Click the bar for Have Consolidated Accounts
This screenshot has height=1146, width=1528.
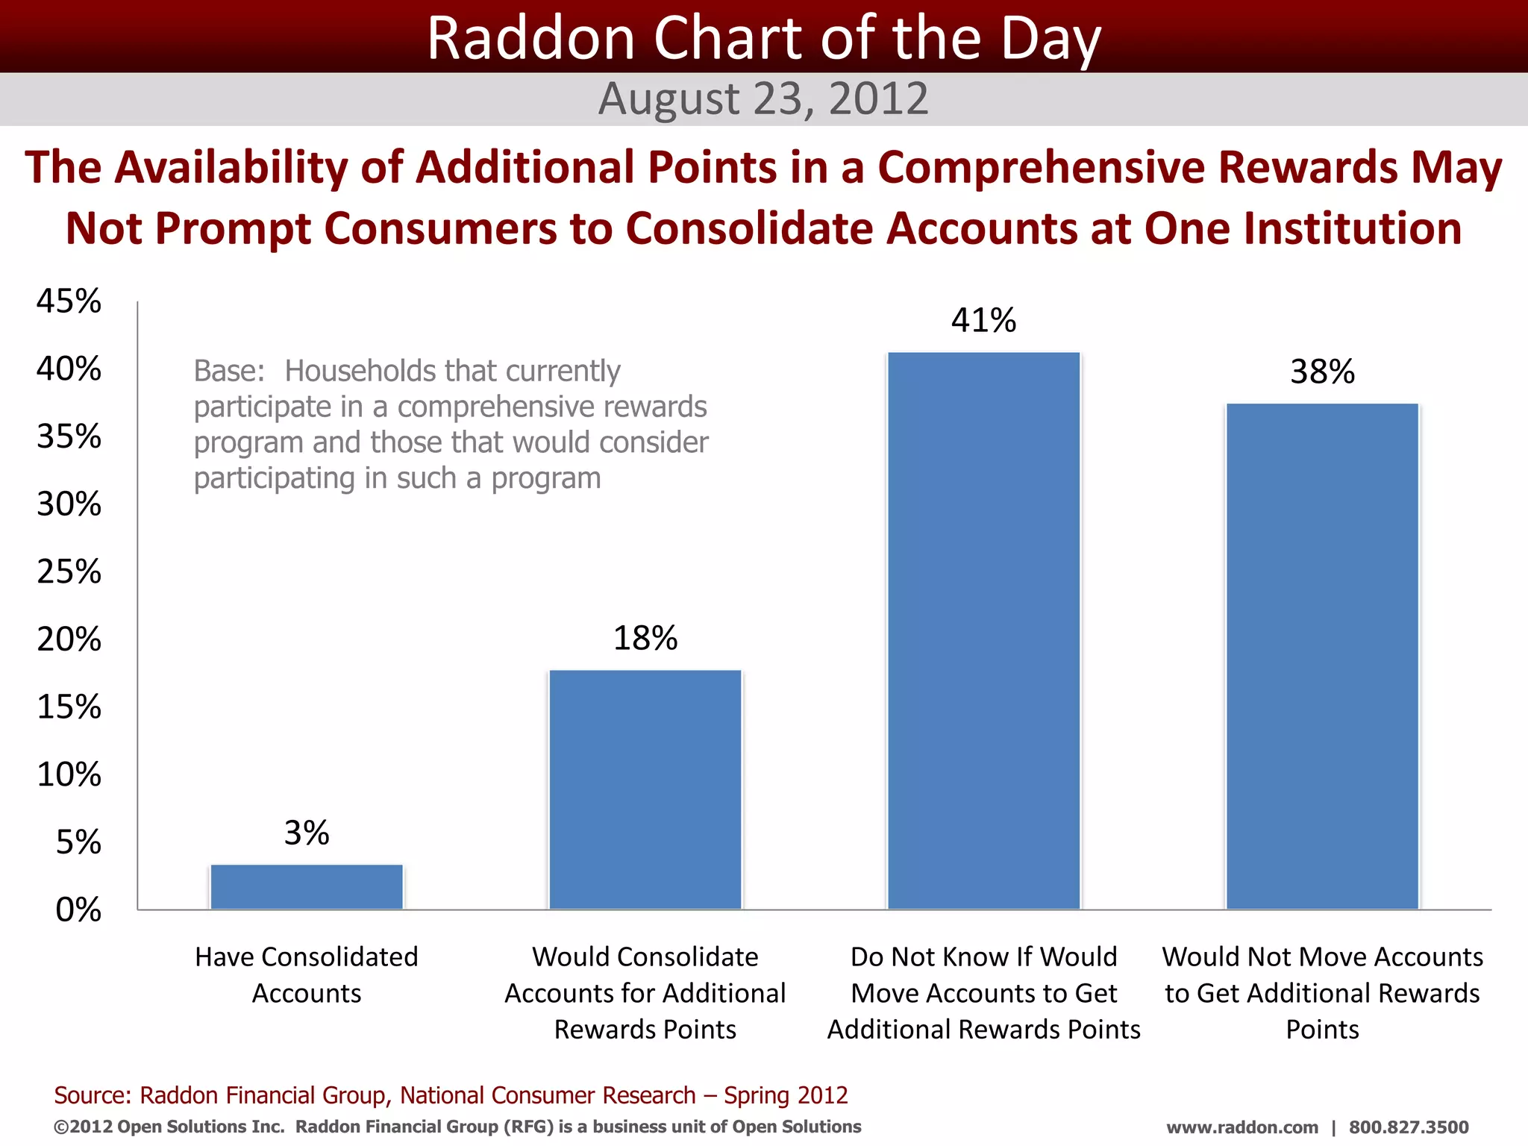coord(307,886)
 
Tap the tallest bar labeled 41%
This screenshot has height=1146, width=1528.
coord(983,630)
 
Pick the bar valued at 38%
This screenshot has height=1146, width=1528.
coord(1322,656)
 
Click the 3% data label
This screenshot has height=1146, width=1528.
coord(307,833)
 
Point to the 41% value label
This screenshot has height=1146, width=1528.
coord(983,320)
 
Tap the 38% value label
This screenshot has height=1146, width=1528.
coord(1322,372)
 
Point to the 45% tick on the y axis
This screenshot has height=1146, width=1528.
coord(69,301)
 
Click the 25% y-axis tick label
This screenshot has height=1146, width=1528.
coord(69,572)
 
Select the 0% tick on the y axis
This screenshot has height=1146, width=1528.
coord(78,909)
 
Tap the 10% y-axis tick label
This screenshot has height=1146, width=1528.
coord(69,774)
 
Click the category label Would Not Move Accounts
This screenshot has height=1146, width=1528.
coord(1322,957)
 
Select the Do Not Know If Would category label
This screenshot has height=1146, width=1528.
coord(983,957)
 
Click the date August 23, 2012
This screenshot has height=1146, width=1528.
coord(763,98)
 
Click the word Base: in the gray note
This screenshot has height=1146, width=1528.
coord(229,371)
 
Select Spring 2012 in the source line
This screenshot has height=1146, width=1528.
coord(786,1095)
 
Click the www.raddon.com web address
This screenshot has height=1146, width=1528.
coord(1241,1127)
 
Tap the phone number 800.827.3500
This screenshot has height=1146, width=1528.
coord(1408,1127)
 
